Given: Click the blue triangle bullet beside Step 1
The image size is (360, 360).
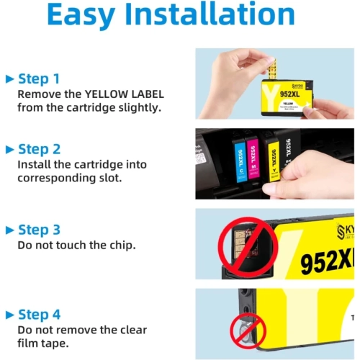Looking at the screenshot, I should coord(9,78).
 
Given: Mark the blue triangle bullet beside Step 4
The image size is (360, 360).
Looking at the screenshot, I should coord(9,315).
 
